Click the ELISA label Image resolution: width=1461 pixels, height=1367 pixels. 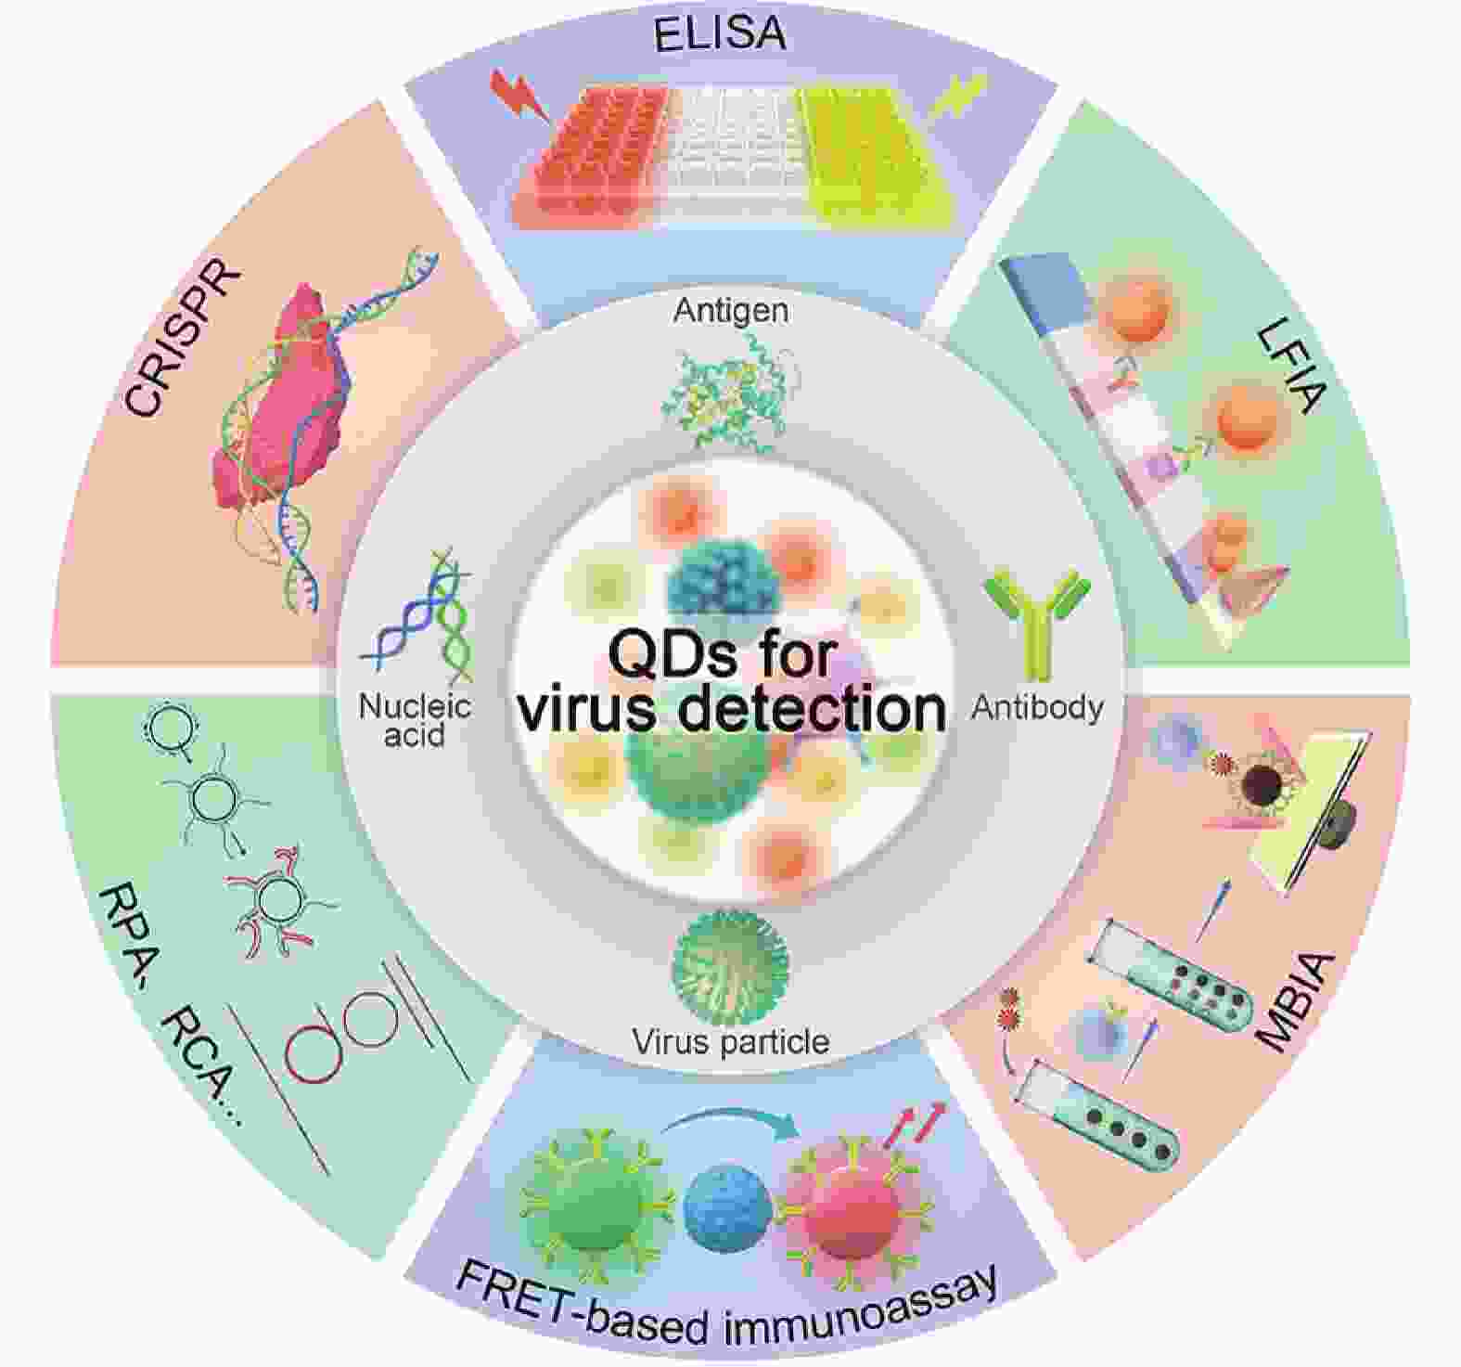click(720, 34)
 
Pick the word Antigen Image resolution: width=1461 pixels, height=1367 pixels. click(732, 309)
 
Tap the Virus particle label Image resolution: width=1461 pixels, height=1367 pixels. click(731, 1041)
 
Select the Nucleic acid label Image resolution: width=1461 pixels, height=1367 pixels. click(415, 720)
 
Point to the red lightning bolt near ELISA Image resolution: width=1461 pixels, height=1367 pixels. click(519, 94)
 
